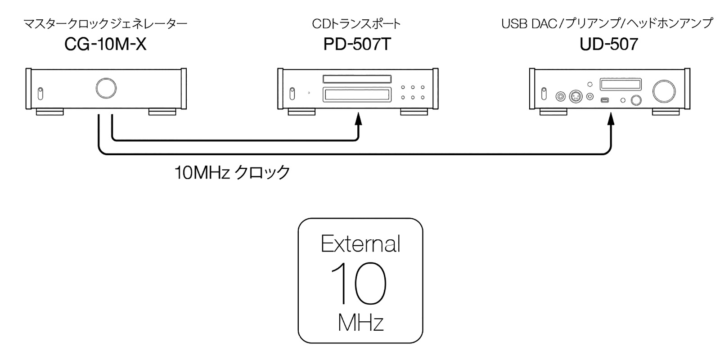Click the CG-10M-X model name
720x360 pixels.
tap(105, 44)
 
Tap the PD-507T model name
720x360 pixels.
tap(357, 44)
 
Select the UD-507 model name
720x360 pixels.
tap(609, 44)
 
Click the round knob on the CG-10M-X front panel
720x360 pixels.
tap(106, 88)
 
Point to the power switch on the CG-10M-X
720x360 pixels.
tap(40, 93)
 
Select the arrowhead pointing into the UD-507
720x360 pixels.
tap(611, 119)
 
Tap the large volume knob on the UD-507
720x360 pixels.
tap(664, 90)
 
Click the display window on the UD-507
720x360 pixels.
tap(621, 85)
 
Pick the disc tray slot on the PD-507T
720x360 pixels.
tap(356, 80)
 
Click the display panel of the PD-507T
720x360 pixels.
tap(356, 95)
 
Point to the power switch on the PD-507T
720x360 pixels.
tap(292, 93)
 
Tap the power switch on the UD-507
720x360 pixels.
tap(544, 93)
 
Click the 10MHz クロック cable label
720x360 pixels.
tap(232, 172)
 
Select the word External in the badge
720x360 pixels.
tap(360, 244)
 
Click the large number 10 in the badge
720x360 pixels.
tap(359, 283)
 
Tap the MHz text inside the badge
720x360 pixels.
tap(360, 322)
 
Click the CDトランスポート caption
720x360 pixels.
tap(356, 23)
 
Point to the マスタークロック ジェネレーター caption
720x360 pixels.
tap(105, 23)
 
